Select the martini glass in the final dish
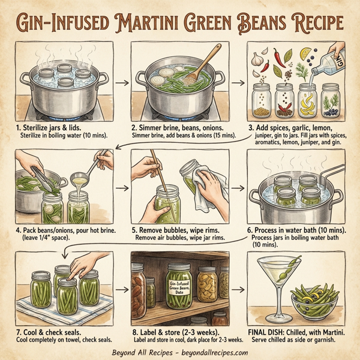[280, 289]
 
